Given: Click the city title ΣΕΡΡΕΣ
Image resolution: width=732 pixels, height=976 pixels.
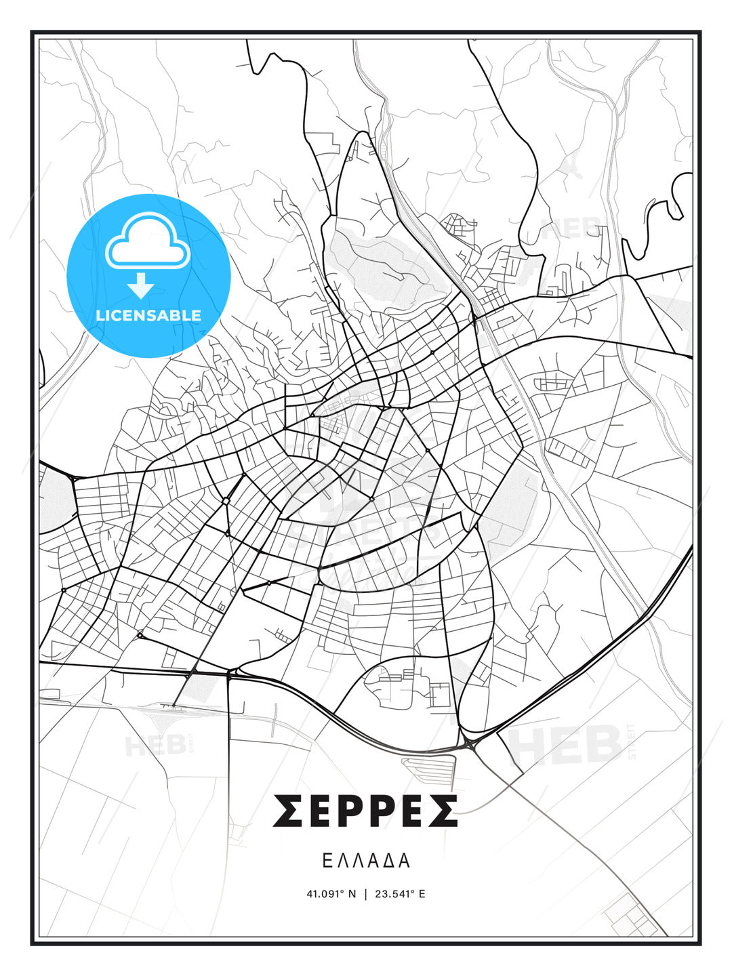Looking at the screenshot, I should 365,811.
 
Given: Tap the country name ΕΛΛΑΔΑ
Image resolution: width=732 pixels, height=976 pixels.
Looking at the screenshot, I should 366,861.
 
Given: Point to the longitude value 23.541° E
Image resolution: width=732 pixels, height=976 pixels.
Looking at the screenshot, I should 401,894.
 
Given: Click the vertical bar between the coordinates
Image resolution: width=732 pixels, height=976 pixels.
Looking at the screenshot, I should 366,894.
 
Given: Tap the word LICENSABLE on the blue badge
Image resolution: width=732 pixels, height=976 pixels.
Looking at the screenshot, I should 148,315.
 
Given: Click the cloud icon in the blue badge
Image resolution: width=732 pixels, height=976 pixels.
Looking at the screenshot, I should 146,241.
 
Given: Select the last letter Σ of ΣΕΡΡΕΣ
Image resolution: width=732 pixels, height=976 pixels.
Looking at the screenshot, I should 443,811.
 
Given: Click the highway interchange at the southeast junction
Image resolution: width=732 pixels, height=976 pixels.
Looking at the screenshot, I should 469,744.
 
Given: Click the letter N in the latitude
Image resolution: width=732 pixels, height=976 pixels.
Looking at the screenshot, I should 351,894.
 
